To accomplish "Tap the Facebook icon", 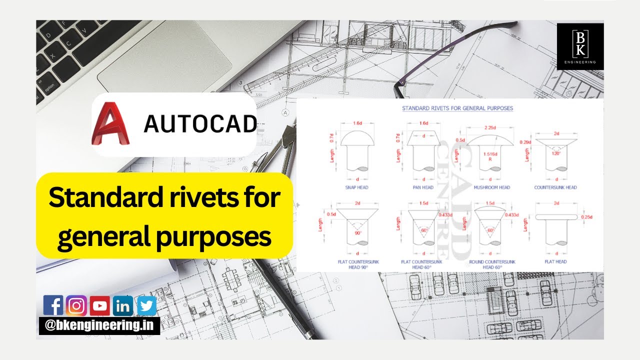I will click(x=53, y=305).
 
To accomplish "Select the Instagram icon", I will click(x=76, y=305).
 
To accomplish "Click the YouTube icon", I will click(x=99, y=305).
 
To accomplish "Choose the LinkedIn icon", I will click(x=122, y=305).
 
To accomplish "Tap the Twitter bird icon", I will click(x=146, y=305).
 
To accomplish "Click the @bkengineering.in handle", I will click(x=99, y=326).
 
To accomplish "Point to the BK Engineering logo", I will click(x=580, y=46).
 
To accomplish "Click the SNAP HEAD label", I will click(x=357, y=188).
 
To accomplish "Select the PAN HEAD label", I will click(x=423, y=188).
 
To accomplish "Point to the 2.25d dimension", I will click(x=490, y=128).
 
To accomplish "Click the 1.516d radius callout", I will click(x=490, y=154).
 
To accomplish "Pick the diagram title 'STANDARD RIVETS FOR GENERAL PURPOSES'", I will click(x=457, y=108).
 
